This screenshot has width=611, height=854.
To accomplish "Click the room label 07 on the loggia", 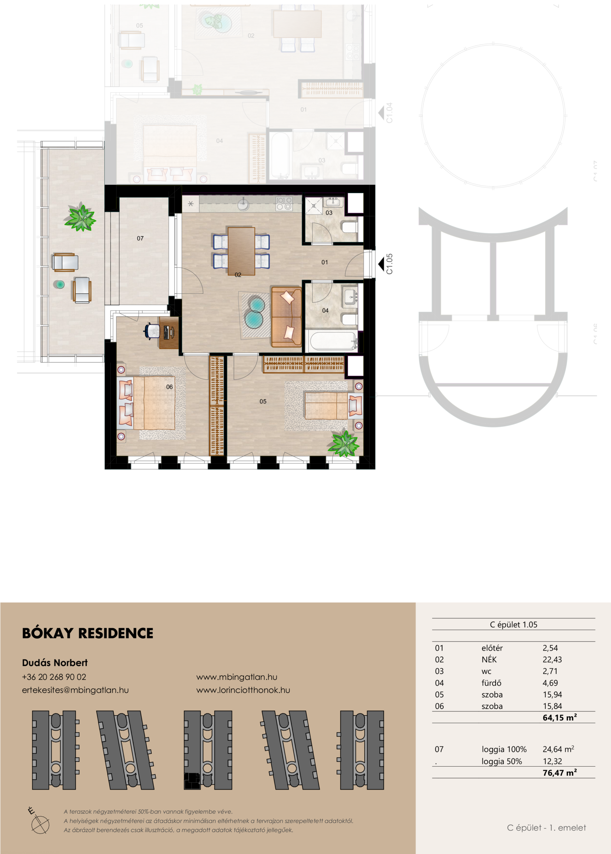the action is click(x=140, y=239).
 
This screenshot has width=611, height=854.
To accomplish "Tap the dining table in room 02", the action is click(x=241, y=251).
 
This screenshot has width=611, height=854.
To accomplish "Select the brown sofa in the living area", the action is click(x=287, y=317).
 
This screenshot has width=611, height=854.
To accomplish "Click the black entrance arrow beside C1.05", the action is click(x=381, y=264).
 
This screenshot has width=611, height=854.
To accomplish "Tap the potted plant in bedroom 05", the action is click(x=343, y=444).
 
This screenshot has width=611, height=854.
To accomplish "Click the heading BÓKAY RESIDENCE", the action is click(x=88, y=633).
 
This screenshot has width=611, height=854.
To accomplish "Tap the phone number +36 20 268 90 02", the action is click(x=54, y=677).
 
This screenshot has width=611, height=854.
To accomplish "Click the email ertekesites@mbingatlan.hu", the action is click(x=75, y=690).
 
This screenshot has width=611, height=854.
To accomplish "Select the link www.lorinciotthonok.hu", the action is click(x=243, y=690).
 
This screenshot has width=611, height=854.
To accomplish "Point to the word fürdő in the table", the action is click(x=491, y=683).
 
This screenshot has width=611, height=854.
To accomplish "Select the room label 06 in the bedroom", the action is click(x=169, y=387).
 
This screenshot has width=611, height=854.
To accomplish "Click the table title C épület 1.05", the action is click(x=513, y=624).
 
